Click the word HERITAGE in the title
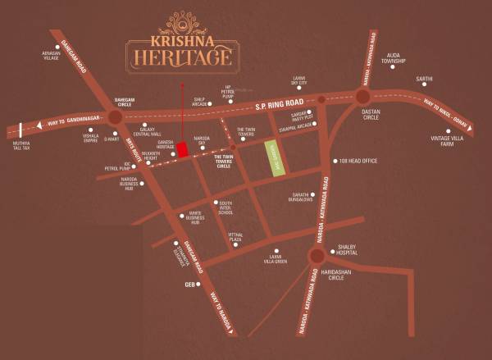point(179,57)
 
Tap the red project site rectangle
point(182,157)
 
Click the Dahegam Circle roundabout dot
point(114,117)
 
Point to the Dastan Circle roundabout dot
point(363,96)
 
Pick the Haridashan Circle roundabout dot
point(316,256)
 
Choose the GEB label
point(189,285)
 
